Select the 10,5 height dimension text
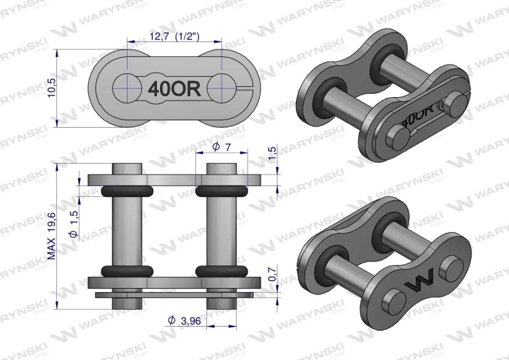tap(52, 86)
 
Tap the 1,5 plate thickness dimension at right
tap(272, 155)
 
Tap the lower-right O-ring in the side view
tap(219, 271)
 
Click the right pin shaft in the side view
tap(219, 231)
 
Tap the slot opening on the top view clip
tap(244, 86)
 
